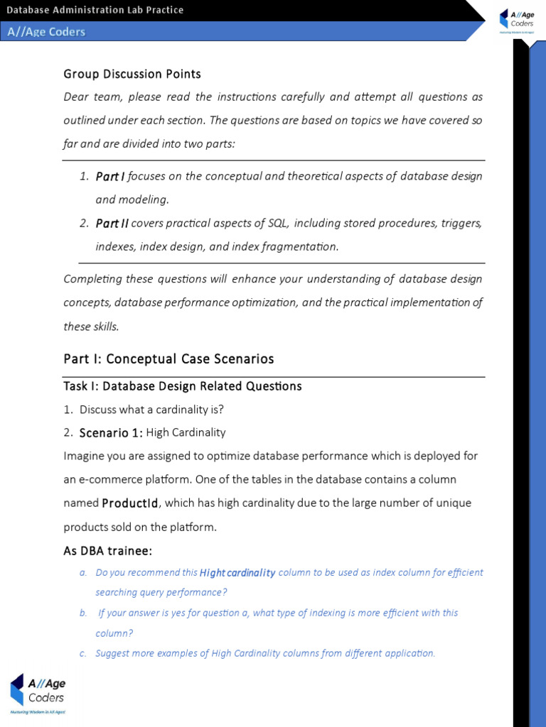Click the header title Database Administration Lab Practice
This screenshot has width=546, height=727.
95,10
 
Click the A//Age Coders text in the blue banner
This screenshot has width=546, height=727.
46,31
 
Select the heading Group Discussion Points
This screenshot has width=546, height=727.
132,74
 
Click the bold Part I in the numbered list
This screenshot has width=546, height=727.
110,176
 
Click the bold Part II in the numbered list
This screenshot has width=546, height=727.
112,223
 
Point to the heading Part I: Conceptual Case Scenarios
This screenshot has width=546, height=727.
168,359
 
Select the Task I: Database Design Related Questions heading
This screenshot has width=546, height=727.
183,386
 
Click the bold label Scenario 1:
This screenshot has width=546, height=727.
111,433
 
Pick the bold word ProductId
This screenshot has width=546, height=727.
130,503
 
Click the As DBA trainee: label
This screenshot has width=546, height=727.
108,551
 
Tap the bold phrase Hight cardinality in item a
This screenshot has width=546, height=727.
237,573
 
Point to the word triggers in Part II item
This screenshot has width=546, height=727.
464,223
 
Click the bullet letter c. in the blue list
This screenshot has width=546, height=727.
83,653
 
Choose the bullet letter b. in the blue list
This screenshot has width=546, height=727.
83,613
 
